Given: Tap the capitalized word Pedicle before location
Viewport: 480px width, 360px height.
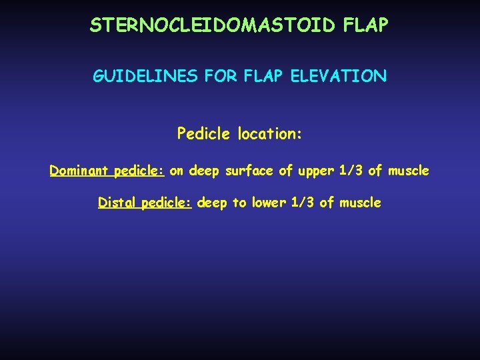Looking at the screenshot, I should point(201,134).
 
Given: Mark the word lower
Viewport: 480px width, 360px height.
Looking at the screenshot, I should point(270,203).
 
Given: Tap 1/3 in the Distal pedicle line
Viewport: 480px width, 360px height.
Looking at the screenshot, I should point(303,203).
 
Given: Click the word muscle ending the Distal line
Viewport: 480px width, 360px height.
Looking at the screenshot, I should point(359,203).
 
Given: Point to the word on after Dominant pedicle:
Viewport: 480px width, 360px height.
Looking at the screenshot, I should point(177,171).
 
